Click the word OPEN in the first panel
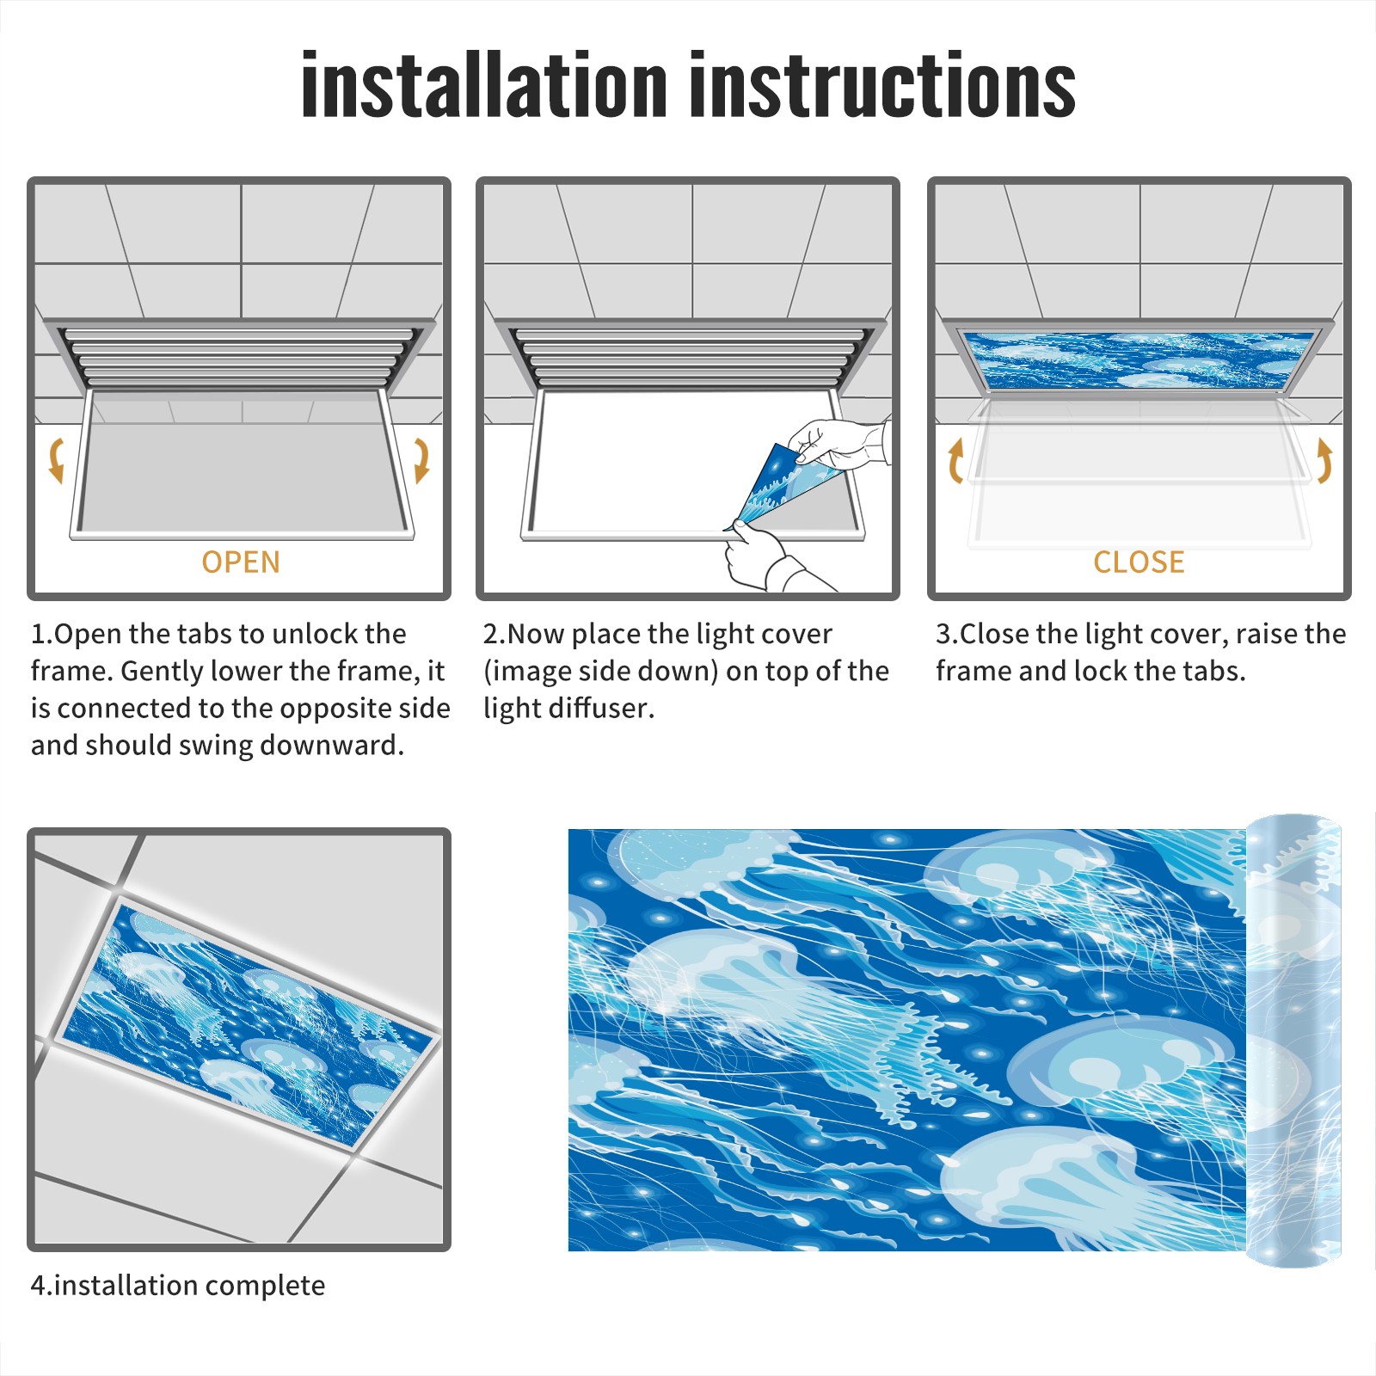tap(241, 562)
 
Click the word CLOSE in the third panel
tap(1139, 562)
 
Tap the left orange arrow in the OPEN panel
tap(57, 460)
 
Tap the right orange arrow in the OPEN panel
tap(421, 460)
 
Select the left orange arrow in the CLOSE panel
tap(955, 460)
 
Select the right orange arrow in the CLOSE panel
tap(1324, 460)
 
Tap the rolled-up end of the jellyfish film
tap(1293, 1041)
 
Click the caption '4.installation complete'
tap(178, 1286)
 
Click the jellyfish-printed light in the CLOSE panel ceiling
tap(1139, 359)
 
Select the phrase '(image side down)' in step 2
tap(600, 671)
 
